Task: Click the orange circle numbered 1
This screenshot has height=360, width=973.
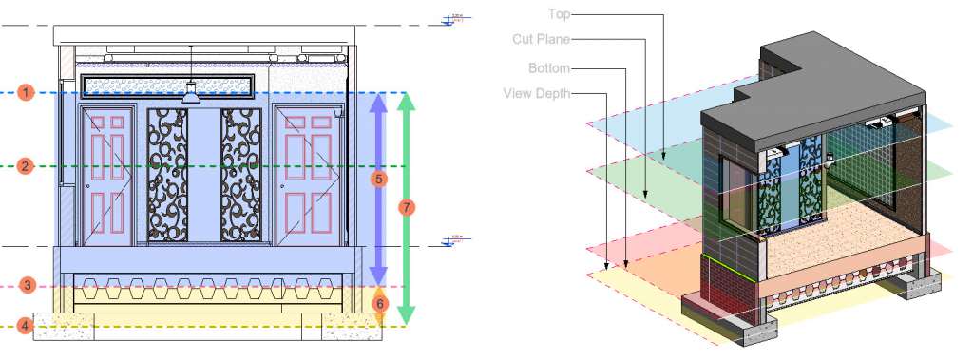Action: pos(27,92)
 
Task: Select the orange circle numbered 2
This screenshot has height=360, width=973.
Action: pos(27,166)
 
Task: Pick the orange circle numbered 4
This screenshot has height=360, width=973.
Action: pos(27,326)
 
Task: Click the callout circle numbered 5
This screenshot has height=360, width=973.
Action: pos(378,178)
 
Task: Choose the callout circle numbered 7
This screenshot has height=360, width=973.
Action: pos(407,207)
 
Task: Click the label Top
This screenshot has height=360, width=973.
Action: pos(559,13)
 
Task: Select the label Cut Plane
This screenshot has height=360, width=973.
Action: pos(543,39)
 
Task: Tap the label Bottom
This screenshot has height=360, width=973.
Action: pos(549,68)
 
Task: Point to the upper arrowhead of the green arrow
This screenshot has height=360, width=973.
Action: pos(407,101)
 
